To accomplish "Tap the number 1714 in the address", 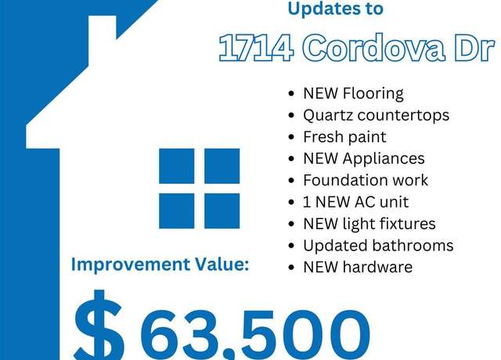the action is pyautogui.click(x=256, y=48).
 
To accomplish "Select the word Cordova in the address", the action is pyautogui.click(x=373, y=47).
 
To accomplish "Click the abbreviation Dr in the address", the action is pyautogui.click(x=474, y=48).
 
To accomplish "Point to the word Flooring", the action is pyautogui.click(x=373, y=94).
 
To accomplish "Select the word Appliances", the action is pyautogui.click(x=384, y=159).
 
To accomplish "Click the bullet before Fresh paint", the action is pyautogui.click(x=291, y=138).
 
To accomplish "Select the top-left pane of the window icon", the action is pyautogui.click(x=177, y=166).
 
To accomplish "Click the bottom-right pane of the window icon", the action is pyautogui.click(x=222, y=211).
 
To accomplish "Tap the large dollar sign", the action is pyautogui.click(x=99, y=325).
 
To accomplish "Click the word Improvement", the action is pyautogui.click(x=131, y=265).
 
